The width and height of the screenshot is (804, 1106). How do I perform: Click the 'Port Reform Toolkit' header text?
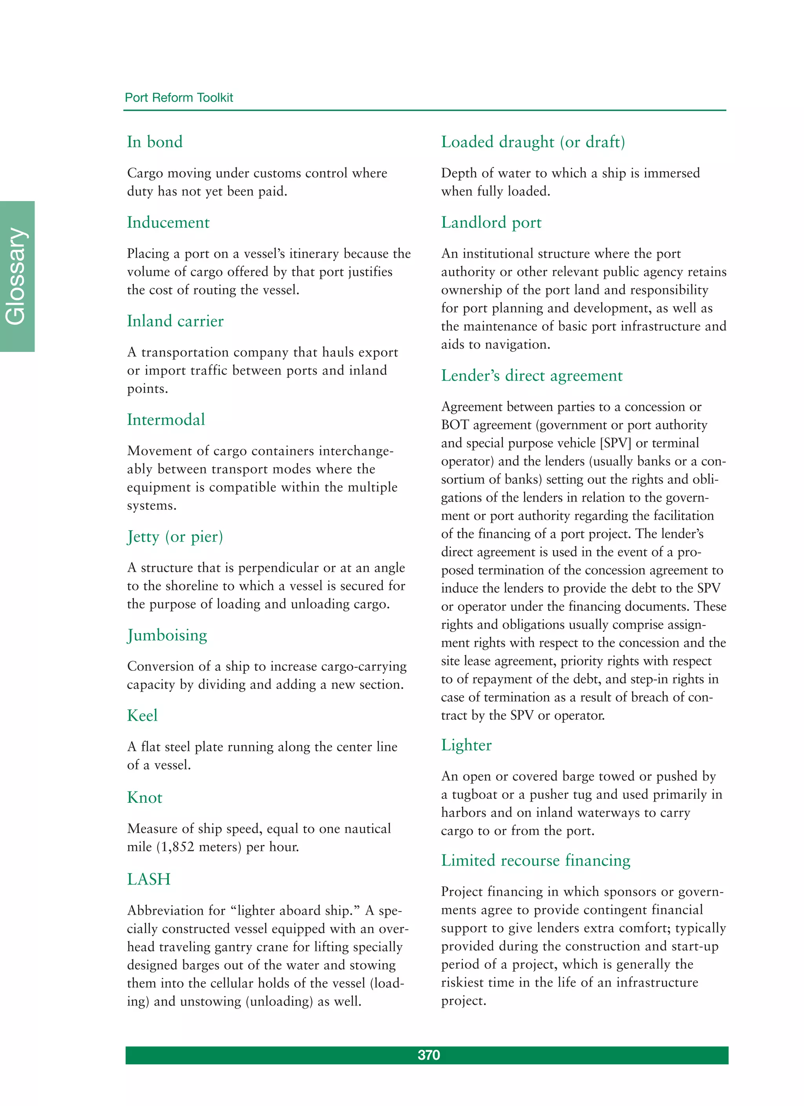[x=179, y=97]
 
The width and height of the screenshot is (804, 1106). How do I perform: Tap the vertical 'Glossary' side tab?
[x=16, y=276]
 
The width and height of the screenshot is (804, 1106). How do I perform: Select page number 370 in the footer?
[x=429, y=1055]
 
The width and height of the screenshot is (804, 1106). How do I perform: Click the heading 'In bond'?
[x=155, y=142]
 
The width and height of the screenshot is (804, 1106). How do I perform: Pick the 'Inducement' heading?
[x=168, y=222]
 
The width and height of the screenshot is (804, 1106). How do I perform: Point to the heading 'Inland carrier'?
[x=175, y=321]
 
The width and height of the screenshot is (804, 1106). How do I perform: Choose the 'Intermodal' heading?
[x=166, y=419]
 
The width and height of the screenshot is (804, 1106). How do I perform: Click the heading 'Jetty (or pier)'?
[x=175, y=537]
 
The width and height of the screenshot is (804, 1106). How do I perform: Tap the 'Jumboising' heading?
[x=167, y=635]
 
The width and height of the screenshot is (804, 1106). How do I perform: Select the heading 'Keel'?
[x=143, y=715]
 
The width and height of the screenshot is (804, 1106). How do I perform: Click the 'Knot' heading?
[x=144, y=797]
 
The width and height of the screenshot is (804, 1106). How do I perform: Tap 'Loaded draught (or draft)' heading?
[x=533, y=142]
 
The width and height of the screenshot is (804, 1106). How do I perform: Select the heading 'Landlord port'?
[x=491, y=222]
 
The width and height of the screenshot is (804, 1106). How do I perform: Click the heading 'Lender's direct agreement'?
[x=532, y=375]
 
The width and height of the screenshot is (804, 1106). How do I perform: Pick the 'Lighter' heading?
[x=466, y=745]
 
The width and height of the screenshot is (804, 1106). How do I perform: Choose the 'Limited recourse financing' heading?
[x=535, y=860]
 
